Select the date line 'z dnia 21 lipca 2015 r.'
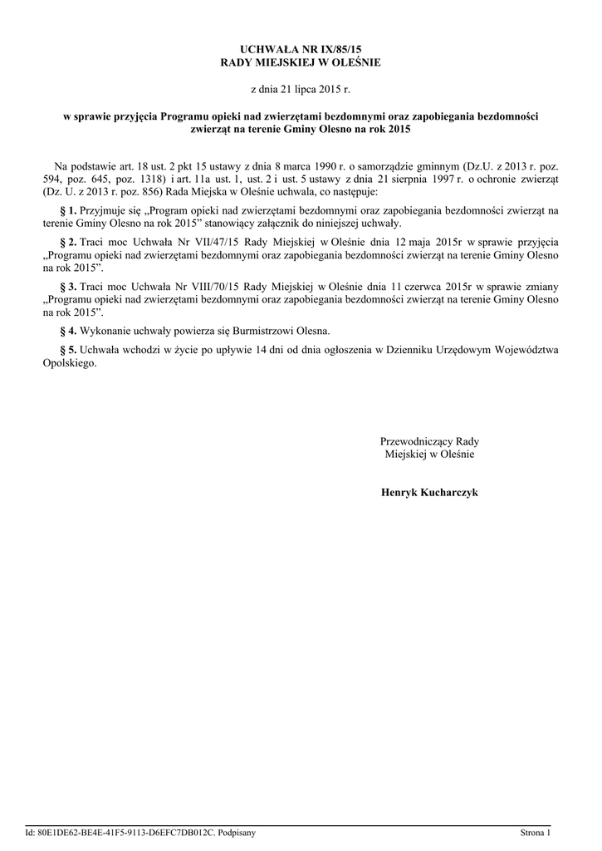coord(301,88)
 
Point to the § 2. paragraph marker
coord(69,241)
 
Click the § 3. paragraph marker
coord(69,287)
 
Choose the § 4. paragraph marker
coord(69,331)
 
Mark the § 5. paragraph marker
coord(69,350)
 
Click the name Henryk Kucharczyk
coord(429,493)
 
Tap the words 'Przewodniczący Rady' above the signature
coord(429,441)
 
